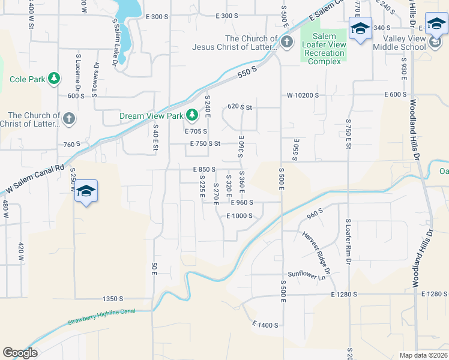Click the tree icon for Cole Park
point(54,79)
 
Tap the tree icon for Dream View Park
point(191,114)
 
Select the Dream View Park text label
point(152,116)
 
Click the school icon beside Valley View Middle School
point(436,25)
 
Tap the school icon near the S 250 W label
point(86,191)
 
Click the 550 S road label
point(247,70)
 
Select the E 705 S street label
point(196,131)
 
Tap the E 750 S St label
point(205,144)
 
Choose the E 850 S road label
point(204,170)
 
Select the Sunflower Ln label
point(310,276)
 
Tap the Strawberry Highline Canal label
point(101,315)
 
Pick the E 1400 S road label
point(265,325)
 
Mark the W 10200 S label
point(303,95)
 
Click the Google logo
point(20,353)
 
